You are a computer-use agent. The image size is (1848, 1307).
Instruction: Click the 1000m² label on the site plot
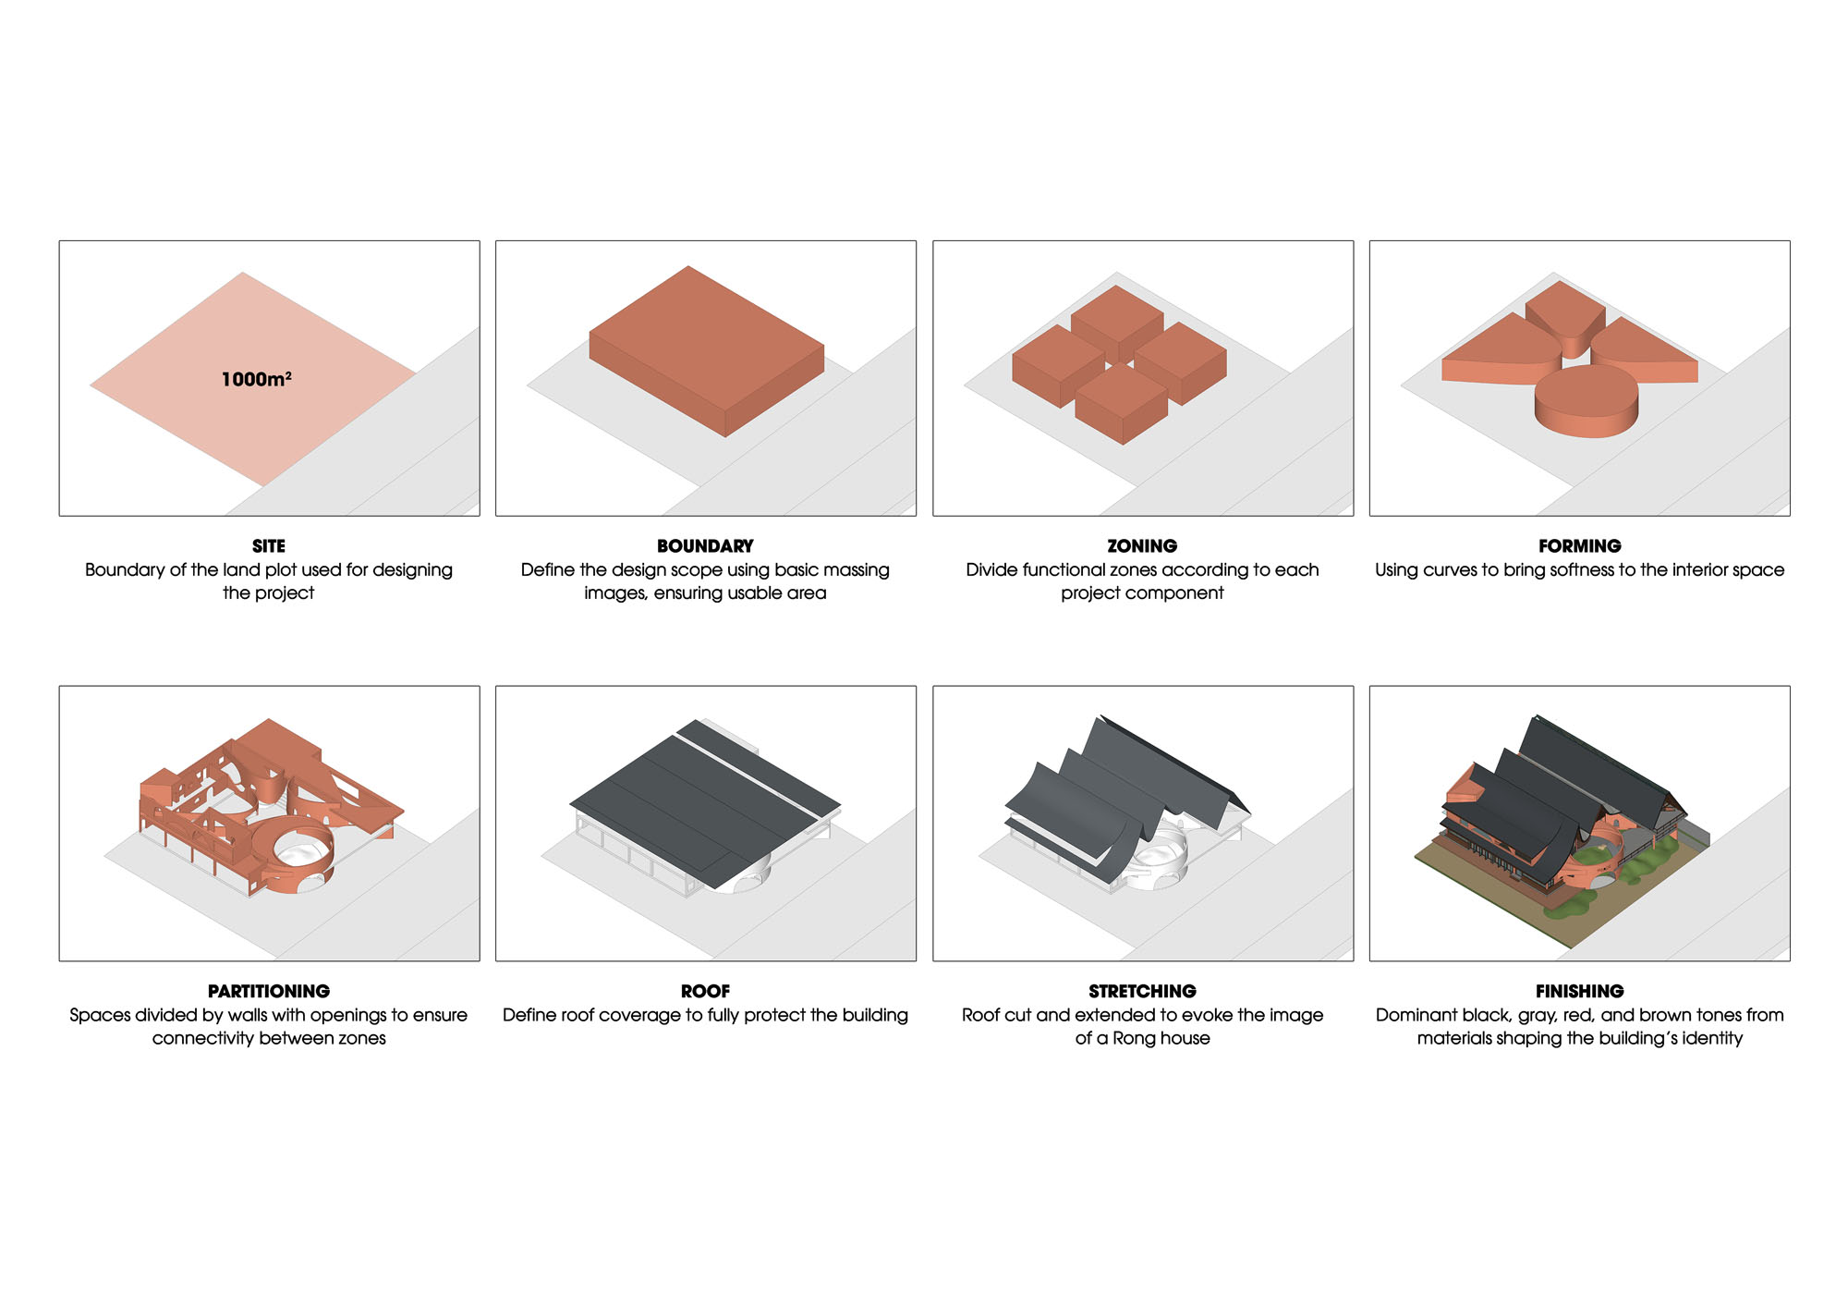(x=256, y=379)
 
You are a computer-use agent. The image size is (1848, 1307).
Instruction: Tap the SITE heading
(x=269, y=546)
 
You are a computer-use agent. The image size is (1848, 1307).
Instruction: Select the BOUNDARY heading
(x=705, y=546)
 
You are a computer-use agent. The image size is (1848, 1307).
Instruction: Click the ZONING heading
(x=1142, y=546)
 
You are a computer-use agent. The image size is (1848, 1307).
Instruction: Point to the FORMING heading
(x=1579, y=546)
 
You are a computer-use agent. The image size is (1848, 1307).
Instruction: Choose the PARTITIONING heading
(x=269, y=991)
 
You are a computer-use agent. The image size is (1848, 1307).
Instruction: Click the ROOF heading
(x=705, y=991)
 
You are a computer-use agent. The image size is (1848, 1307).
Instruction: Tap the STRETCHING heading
(x=1142, y=991)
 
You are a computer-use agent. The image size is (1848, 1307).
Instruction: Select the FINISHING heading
(x=1579, y=991)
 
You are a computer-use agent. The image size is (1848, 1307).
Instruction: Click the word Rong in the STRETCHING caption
(x=1134, y=1038)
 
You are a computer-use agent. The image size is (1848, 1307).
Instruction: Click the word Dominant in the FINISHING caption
(x=1417, y=1015)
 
